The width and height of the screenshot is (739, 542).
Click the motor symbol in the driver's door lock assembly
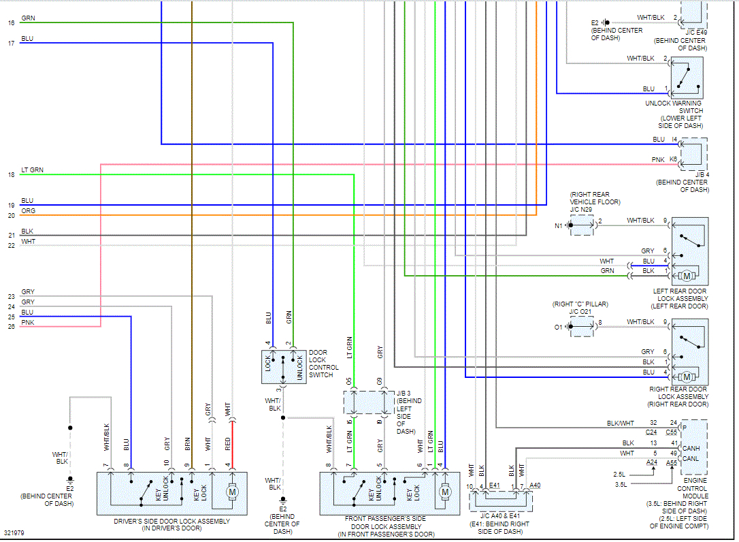231,492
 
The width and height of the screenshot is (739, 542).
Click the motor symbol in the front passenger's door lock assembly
445,492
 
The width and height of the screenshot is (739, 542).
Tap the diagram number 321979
14,532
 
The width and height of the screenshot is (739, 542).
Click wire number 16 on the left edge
11,23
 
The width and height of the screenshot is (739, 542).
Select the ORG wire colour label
28,211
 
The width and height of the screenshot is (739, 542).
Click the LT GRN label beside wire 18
32,170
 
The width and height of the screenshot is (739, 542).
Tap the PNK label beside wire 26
27,322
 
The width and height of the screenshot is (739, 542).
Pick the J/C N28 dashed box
581,225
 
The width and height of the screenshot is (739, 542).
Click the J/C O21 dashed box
581,327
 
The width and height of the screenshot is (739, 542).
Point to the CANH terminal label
691,448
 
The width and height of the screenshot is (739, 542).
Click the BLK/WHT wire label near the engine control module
621,424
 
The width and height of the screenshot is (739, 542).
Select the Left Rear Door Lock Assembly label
679,298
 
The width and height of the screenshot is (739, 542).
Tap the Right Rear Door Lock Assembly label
679,396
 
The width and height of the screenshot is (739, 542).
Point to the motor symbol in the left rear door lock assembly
687,276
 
